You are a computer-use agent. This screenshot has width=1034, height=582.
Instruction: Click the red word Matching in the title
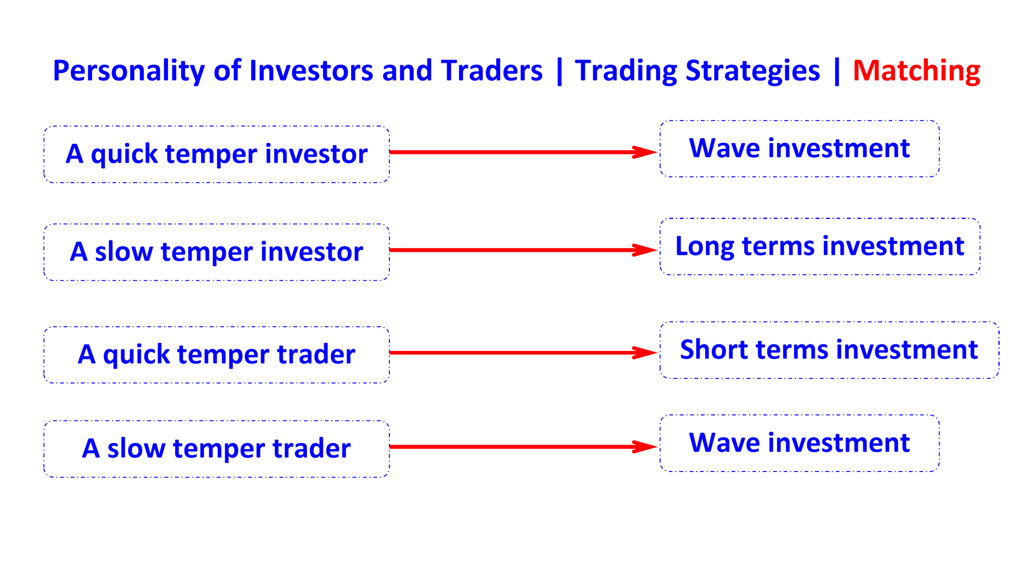[916, 71]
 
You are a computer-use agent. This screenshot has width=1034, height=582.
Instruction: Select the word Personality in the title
[128, 71]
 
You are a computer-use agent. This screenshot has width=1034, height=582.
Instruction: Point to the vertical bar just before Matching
[836, 71]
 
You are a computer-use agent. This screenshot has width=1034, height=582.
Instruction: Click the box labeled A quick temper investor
[216, 154]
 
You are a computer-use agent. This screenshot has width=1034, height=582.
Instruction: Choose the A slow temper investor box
[216, 252]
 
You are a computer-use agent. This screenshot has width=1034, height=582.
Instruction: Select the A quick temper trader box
[216, 355]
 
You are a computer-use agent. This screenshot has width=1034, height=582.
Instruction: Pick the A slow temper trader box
[216, 448]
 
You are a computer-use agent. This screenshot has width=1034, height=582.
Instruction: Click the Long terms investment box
[820, 246]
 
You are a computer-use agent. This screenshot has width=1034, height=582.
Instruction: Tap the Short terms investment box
[829, 350]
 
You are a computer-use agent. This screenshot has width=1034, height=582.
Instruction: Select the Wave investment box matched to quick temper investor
[799, 148]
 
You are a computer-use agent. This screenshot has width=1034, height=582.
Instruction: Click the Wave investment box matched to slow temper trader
[799, 443]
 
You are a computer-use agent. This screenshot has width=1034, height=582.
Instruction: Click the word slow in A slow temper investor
[123, 252]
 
